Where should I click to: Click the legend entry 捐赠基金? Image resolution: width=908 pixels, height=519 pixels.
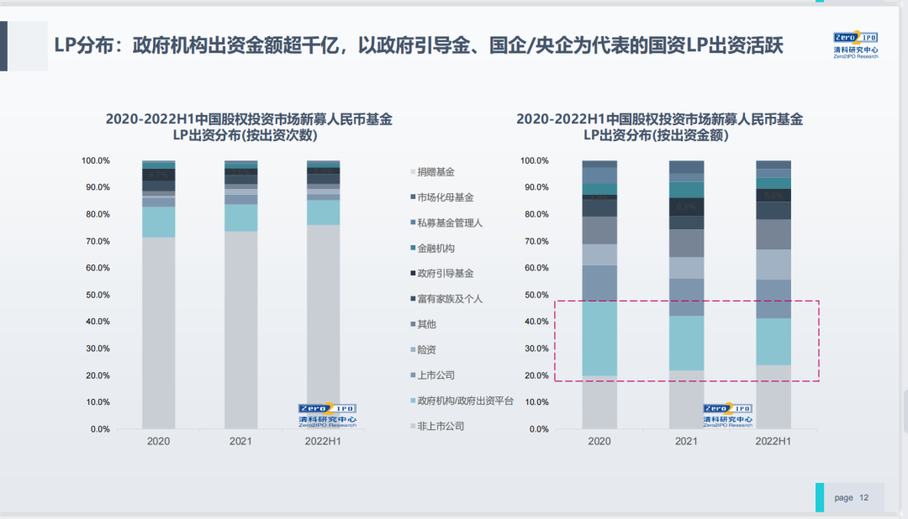[x=436, y=172]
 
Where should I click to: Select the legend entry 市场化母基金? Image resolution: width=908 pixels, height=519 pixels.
[x=445, y=198]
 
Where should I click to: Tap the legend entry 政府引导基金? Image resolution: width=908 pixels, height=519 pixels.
[x=445, y=274]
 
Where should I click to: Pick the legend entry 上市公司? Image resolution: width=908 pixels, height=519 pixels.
[x=436, y=375]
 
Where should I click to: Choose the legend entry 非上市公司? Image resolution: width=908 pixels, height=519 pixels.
[x=440, y=426]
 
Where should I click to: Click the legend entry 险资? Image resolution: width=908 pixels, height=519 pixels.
[x=426, y=349]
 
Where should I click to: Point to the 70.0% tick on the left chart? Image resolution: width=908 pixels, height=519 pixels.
[x=96, y=242]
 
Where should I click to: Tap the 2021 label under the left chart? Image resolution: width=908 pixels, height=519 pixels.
[x=240, y=441]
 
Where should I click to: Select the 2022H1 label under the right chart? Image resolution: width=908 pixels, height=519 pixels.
[x=773, y=441]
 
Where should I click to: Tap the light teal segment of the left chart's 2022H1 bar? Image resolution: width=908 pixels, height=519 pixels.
[x=323, y=212]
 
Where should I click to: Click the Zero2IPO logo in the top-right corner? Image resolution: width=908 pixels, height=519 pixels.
[x=856, y=45]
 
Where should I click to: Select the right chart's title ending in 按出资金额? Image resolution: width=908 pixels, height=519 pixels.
[x=659, y=127]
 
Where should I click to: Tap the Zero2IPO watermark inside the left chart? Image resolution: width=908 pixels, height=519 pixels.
[x=327, y=415]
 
